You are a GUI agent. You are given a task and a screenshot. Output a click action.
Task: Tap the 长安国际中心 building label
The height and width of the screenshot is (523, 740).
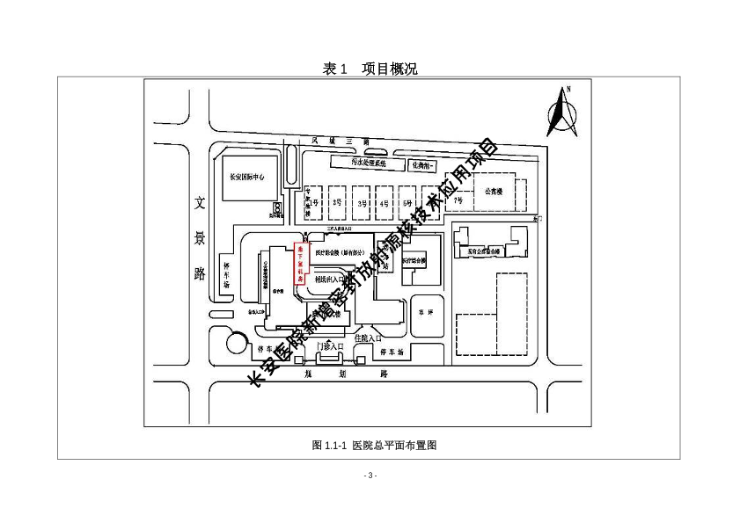(x=248, y=176)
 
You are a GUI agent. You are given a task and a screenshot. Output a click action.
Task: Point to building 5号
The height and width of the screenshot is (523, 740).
(x=407, y=203)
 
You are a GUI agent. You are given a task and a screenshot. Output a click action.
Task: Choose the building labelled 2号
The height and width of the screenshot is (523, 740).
(x=337, y=203)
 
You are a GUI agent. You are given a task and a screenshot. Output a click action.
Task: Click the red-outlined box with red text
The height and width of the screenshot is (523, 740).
(x=298, y=263)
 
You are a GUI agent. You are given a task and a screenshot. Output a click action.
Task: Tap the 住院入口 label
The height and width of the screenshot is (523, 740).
(x=368, y=338)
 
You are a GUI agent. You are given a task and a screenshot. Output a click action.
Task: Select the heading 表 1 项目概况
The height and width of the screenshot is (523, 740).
(x=370, y=69)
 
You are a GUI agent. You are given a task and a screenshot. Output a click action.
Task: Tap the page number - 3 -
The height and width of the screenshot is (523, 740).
(x=370, y=476)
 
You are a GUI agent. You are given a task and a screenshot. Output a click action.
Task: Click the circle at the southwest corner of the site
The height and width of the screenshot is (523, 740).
(x=236, y=343)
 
